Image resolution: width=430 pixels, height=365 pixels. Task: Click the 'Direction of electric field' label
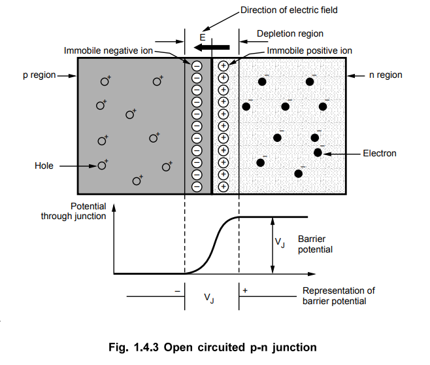[289, 10]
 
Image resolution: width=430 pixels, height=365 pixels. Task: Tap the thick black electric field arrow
[212, 48]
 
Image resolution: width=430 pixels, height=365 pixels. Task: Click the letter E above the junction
[203, 37]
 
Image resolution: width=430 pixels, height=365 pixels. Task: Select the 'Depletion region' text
[290, 34]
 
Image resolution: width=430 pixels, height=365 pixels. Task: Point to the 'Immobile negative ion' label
[108, 50]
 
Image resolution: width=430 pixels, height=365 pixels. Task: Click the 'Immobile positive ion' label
[310, 50]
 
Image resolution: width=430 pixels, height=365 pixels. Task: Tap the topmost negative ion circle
[197, 66]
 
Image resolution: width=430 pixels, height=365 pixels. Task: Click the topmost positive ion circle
[223, 66]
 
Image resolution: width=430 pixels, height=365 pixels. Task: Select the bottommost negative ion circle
[197, 186]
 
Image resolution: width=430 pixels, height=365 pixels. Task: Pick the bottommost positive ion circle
[223, 186]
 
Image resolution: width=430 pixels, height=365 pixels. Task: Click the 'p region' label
[39, 75]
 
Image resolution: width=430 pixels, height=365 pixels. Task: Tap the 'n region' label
[386, 75]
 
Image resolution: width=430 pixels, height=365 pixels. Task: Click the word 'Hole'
[44, 165]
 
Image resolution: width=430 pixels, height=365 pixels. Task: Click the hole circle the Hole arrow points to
[102, 165]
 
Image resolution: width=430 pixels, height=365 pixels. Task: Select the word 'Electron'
[380, 153]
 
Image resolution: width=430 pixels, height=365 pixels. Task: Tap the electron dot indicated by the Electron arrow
[318, 152]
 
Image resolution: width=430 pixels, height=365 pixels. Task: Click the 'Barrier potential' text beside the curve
[315, 244]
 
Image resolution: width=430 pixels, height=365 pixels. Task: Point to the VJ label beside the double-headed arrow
[280, 242]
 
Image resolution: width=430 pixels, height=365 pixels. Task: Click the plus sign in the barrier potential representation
[245, 290]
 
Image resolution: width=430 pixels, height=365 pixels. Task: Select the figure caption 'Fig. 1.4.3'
[133, 347]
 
